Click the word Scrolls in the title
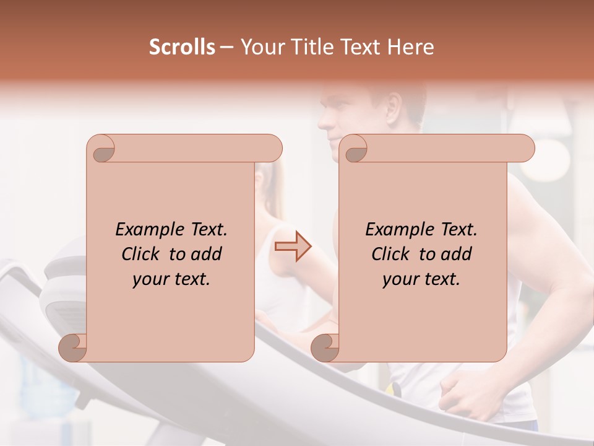[x=182, y=47]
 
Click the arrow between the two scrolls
[x=293, y=247]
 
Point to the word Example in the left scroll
[x=144, y=230]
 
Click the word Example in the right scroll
[x=394, y=230]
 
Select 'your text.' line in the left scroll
[x=171, y=279]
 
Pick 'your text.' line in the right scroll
[x=421, y=279]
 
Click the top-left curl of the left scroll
[x=102, y=149]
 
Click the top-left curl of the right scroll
[x=355, y=149]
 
